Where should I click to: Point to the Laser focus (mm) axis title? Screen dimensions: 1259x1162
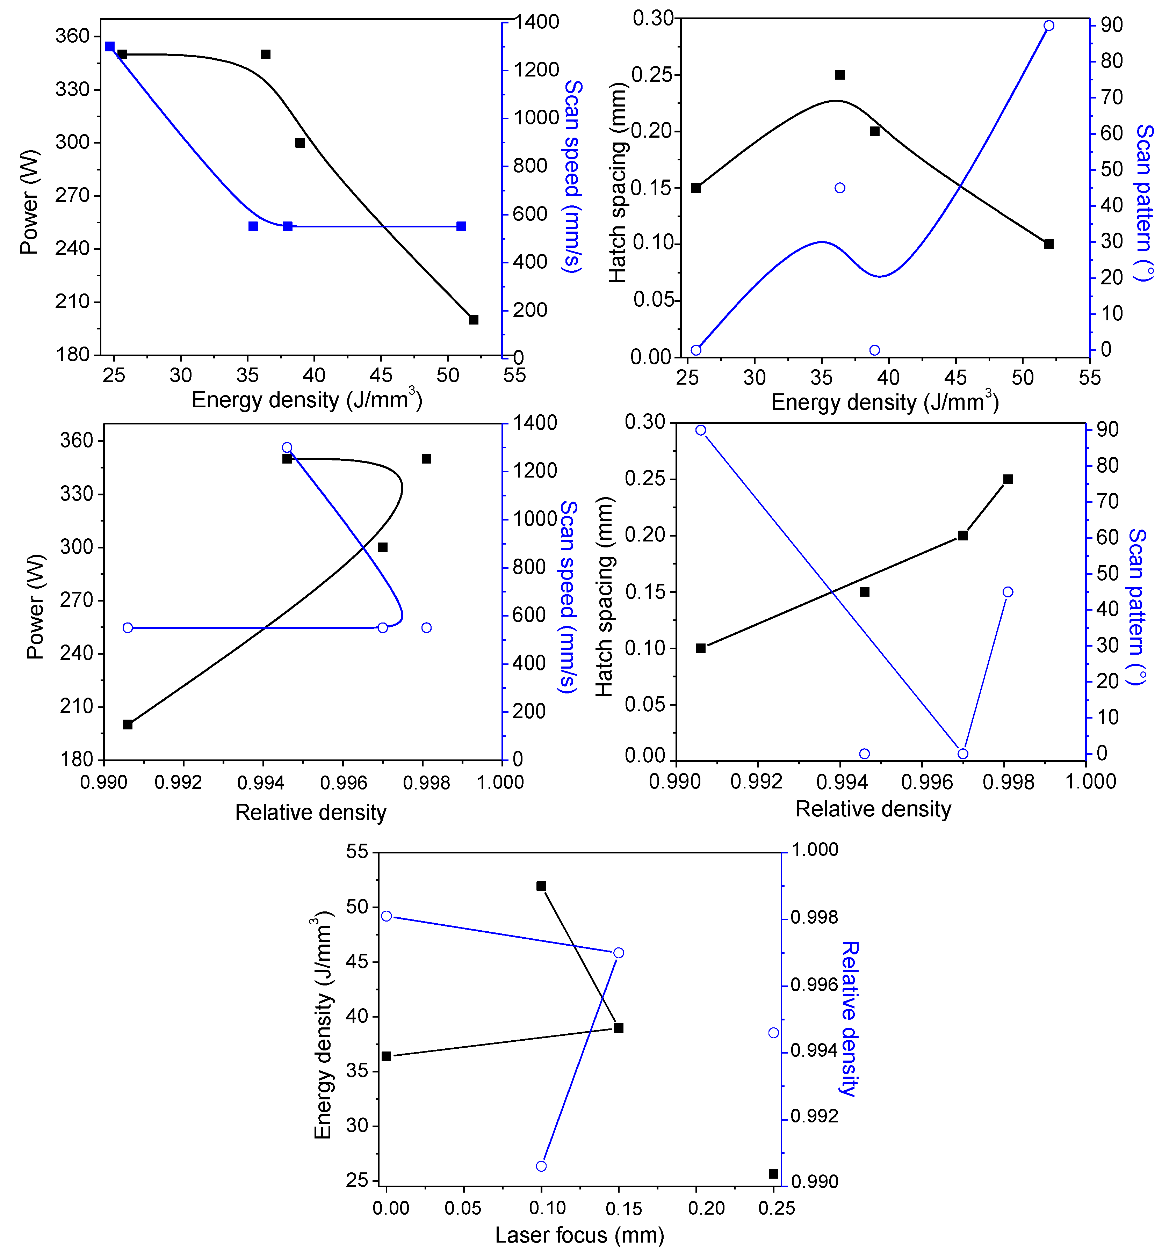579,1235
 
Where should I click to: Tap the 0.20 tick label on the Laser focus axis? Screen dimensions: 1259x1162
706,1208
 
